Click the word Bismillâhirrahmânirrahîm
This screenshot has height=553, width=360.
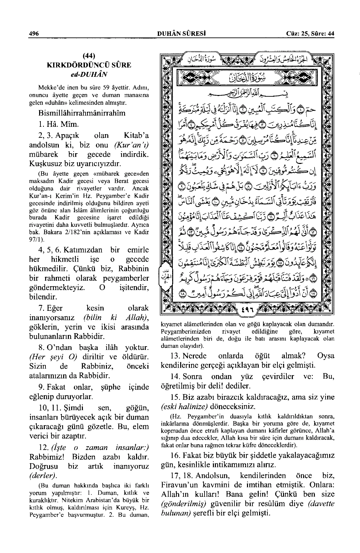tap(82, 113)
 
